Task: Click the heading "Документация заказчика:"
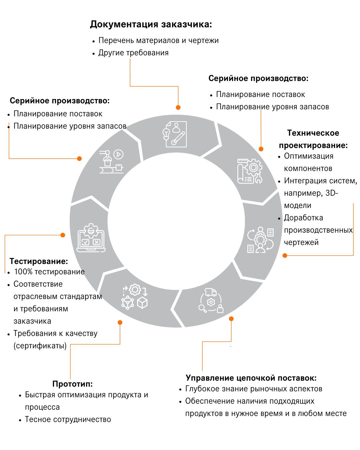pyautogui.click(x=151, y=24)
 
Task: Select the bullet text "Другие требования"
pyautogui.click(x=133, y=53)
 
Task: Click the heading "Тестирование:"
pyautogui.click(x=39, y=261)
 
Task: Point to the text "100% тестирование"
pyautogui.click(x=49, y=272)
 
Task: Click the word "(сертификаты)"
pyautogui.click(x=40, y=346)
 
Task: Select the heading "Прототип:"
pyautogui.click(x=72, y=384)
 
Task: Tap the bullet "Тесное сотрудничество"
pyautogui.click(x=68, y=419)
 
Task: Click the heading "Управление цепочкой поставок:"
pyautogui.click(x=251, y=378)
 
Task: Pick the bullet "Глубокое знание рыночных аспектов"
pyautogui.click(x=254, y=389)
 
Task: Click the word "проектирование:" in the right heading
pyautogui.click(x=313, y=145)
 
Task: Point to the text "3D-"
pyautogui.click(x=332, y=193)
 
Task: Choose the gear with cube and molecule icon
pyautogui.click(x=134, y=296)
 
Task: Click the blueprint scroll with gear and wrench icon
pyautogui.click(x=250, y=171)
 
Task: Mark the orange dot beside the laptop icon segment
pyautogui.click(x=63, y=235)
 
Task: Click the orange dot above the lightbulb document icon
pyautogui.click(x=178, y=107)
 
